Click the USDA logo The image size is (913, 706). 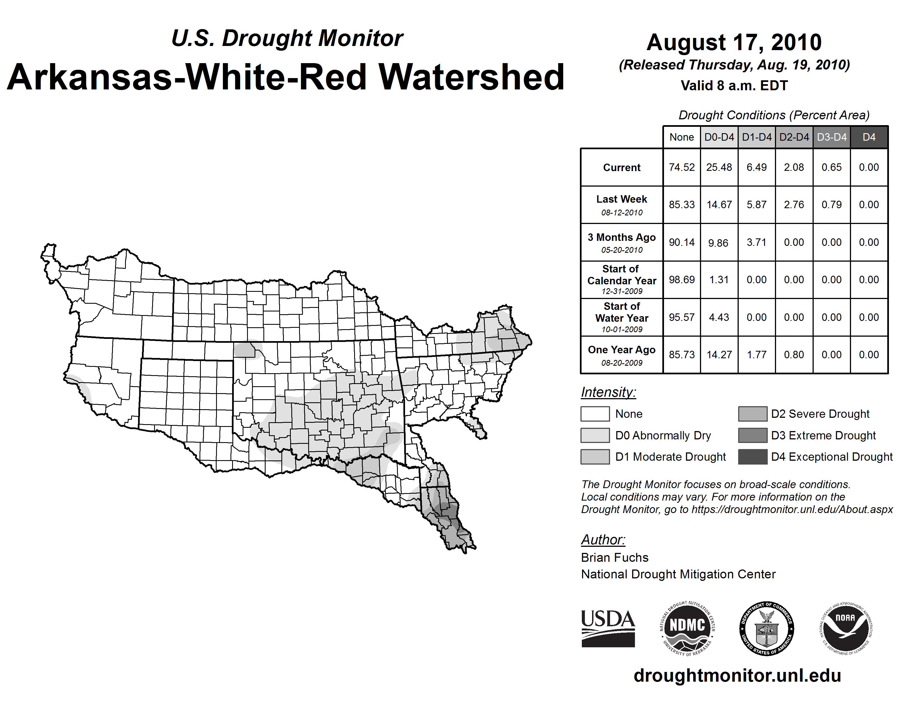pyautogui.click(x=608, y=628)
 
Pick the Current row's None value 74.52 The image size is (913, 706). pyautogui.click(x=681, y=167)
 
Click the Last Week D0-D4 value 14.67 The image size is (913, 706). pyautogui.click(x=719, y=205)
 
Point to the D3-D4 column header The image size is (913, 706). pyautogui.click(x=831, y=137)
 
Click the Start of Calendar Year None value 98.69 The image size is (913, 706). pyautogui.click(x=681, y=279)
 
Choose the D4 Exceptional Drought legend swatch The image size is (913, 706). pyautogui.click(x=753, y=457)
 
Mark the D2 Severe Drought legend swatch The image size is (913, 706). pyautogui.click(x=753, y=414)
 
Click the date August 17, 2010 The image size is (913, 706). pyautogui.click(x=734, y=42)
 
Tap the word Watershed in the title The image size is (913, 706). pyautogui.click(x=471, y=77)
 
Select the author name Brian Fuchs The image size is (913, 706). pyautogui.click(x=614, y=558)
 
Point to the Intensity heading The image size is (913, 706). pyautogui.click(x=608, y=392)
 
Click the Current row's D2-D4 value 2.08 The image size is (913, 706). pyautogui.click(x=794, y=167)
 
